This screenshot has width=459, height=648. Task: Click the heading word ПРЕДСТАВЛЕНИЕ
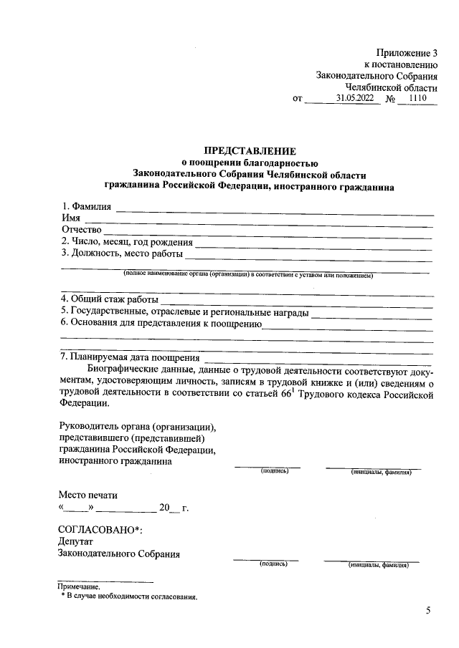(250, 151)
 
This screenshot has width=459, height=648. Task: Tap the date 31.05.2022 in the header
(354, 99)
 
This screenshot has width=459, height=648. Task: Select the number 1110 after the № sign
(417, 99)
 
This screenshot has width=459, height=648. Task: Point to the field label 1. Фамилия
(86, 208)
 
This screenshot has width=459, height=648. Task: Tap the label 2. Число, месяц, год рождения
(127, 241)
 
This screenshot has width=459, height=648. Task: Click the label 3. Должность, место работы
(122, 253)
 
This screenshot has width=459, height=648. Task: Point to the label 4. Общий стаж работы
(109, 299)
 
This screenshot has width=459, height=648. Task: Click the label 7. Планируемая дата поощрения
(130, 357)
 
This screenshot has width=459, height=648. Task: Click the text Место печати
(87, 495)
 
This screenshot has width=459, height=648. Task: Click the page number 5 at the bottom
(429, 611)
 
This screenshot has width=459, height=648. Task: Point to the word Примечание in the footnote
(80, 587)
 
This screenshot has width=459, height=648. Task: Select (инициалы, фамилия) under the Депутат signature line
(378, 565)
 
